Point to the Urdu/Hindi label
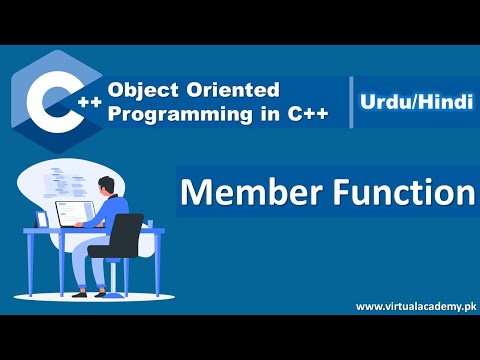tap(415, 101)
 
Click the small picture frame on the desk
tap(42, 218)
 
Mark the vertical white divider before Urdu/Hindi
tap(352, 101)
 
